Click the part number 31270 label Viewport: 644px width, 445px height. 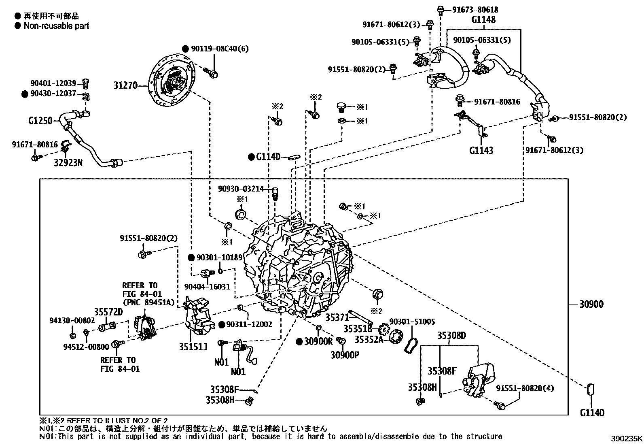click(126, 85)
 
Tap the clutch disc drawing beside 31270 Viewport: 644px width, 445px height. click(172, 81)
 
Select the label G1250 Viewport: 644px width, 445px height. click(40, 120)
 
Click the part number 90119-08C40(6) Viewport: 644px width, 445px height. click(220, 49)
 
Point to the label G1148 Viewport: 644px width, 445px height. click(483, 19)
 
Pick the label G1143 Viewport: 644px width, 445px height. click(481, 150)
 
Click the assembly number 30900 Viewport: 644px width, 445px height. click(591, 304)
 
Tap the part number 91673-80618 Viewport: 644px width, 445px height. click(475, 10)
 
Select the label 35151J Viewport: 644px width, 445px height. click(193, 347)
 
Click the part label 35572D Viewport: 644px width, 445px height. click(108, 312)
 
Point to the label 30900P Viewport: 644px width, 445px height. click(345, 355)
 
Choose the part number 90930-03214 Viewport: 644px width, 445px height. click(241, 189)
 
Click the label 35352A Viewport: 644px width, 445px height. click(369, 340)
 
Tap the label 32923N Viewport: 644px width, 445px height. click(68, 163)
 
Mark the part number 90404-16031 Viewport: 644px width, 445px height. click(207, 287)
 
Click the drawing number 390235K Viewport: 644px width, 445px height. click(626, 439)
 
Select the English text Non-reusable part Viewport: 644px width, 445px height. click(56, 26)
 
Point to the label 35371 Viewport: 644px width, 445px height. click(337, 317)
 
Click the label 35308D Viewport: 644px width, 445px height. click(452, 335)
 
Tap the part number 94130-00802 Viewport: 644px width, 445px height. click(72, 321)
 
